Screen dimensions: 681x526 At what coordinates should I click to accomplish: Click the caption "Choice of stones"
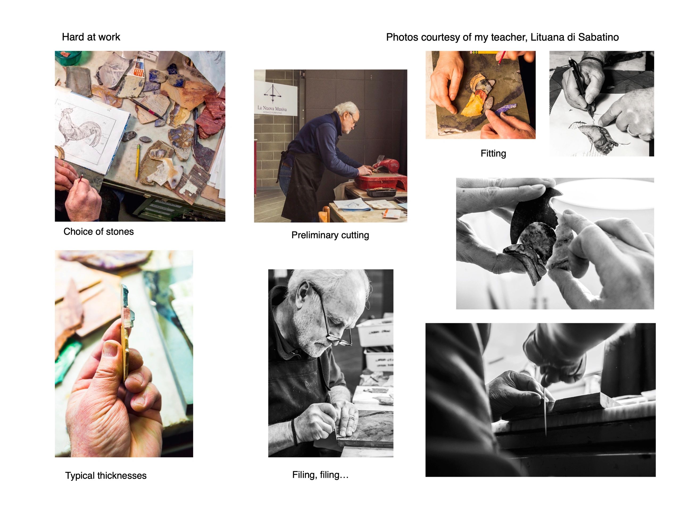[98, 232]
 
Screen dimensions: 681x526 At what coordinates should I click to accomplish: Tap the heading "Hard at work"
[91, 37]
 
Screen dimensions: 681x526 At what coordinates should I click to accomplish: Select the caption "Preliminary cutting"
[330, 235]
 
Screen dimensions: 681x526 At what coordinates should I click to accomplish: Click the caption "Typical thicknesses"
[106, 475]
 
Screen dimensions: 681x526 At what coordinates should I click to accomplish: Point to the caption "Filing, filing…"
[320, 475]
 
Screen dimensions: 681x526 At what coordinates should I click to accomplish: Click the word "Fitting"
[493, 153]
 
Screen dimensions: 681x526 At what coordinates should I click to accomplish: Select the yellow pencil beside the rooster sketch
[137, 162]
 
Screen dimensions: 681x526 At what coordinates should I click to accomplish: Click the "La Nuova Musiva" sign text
[272, 108]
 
